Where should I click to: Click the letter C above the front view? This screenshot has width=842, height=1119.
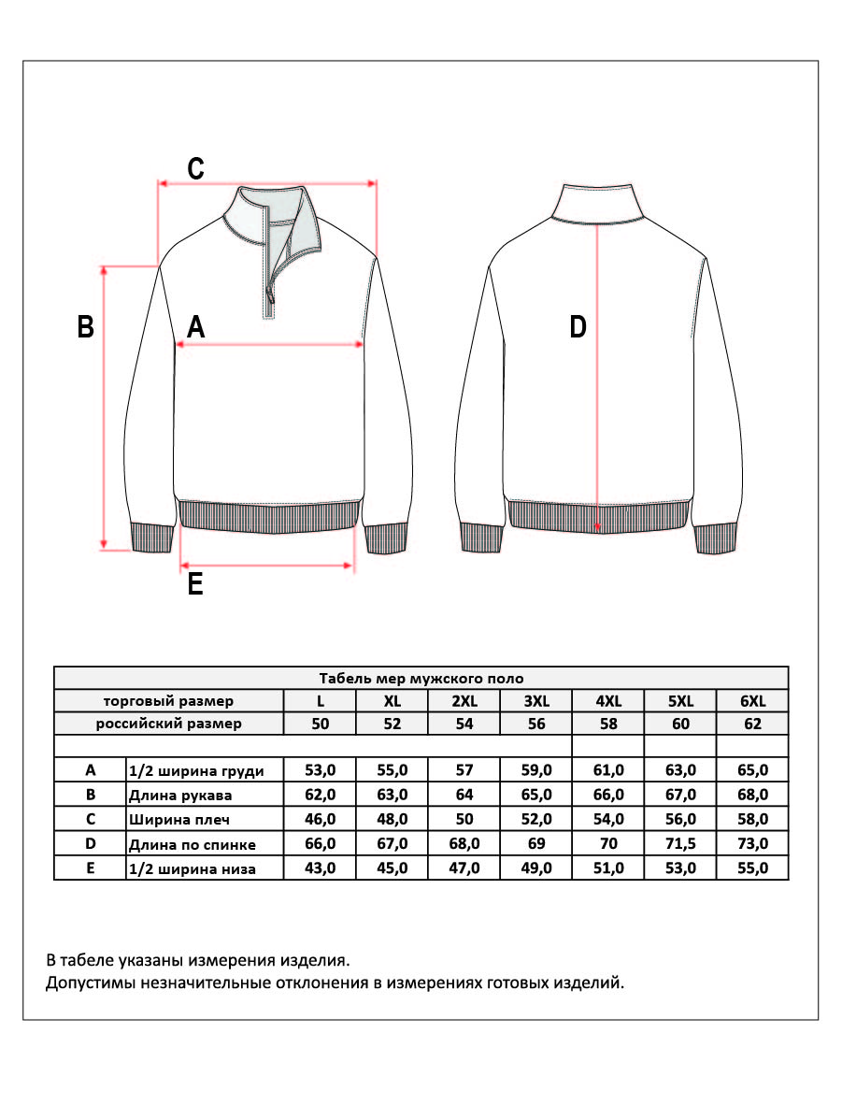[195, 168]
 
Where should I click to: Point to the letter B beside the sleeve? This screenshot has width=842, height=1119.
[85, 327]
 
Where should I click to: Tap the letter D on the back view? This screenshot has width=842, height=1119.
[578, 327]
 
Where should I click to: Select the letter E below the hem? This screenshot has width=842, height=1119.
[195, 584]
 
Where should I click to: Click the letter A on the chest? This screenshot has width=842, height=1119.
[195, 327]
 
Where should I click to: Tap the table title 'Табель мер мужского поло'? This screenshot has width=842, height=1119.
[421, 679]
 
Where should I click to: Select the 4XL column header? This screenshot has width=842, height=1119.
[608, 701]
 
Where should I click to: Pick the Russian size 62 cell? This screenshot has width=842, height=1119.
[752, 724]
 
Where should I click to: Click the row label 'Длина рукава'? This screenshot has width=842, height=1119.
[179, 796]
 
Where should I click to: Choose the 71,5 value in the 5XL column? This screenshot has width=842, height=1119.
[680, 844]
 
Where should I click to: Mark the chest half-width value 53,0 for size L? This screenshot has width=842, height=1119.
[320, 770]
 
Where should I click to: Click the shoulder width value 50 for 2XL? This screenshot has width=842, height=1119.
[464, 820]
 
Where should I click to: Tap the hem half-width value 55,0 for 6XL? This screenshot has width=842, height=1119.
[752, 868]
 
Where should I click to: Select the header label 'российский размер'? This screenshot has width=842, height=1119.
[169, 724]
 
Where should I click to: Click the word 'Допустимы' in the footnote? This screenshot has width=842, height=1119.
[86, 983]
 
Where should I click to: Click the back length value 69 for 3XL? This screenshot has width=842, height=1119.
[536, 844]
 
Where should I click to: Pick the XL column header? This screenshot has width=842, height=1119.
[392, 701]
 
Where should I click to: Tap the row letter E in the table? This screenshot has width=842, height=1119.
[91, 868]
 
